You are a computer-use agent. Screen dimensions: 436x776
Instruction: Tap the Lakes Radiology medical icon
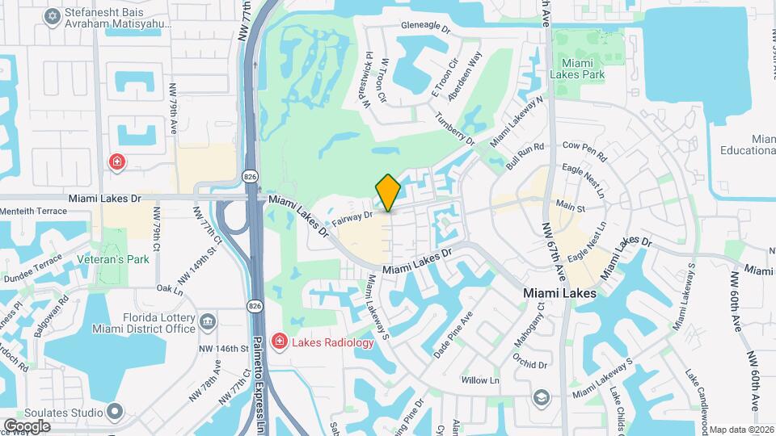coord(279,342)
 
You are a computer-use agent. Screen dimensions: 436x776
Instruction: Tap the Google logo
coord(27,426)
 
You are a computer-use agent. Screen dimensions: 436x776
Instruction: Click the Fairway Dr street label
coord(352,217)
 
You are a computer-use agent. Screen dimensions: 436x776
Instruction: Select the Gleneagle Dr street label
coord(424,27)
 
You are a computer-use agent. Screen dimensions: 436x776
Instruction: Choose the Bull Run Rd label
coord(526,153)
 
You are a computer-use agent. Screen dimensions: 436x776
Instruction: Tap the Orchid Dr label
coord(530,363)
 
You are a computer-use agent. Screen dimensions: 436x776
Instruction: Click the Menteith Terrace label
coord(33,213)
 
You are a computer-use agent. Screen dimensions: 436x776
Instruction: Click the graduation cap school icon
coord(541,397)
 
